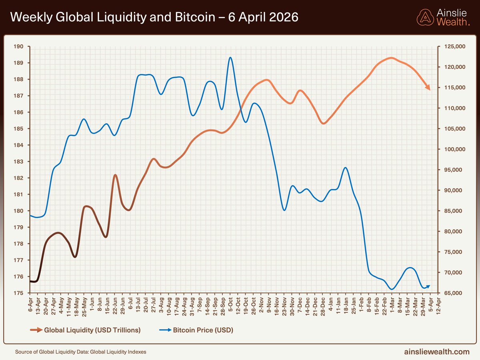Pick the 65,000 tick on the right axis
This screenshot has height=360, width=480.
pos(454,293)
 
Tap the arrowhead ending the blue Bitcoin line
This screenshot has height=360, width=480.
pos(428,286)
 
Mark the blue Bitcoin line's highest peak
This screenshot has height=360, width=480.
pos(230,57)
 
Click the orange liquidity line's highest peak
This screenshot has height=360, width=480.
pos(391,58)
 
